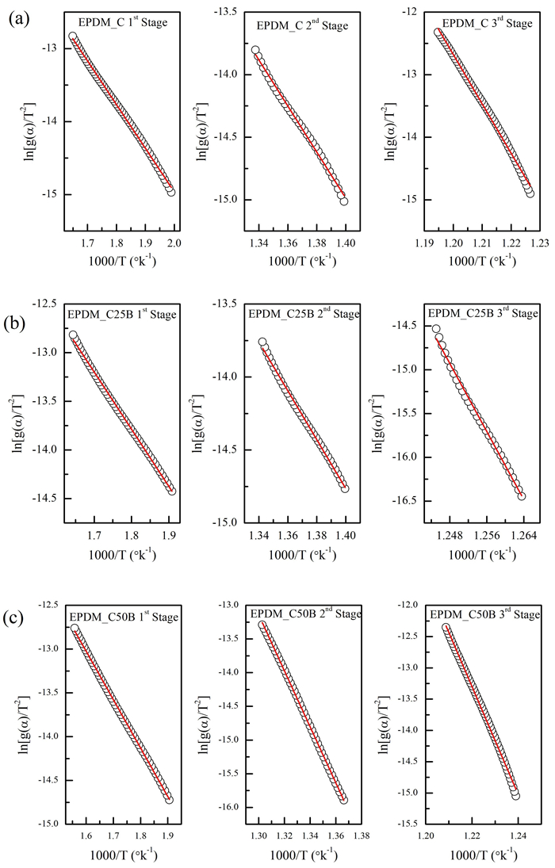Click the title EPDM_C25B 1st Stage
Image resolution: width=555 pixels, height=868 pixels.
121,315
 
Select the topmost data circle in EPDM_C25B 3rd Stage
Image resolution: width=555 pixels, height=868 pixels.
436,329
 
